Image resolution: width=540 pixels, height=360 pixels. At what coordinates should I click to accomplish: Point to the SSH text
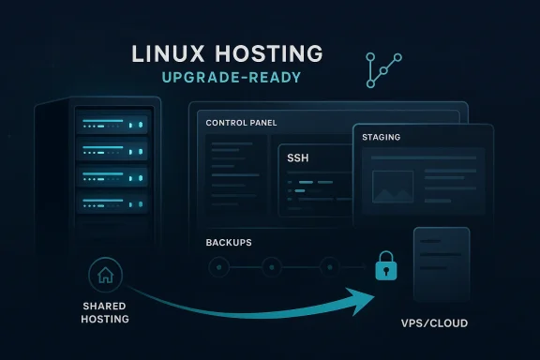(x=299, y=159)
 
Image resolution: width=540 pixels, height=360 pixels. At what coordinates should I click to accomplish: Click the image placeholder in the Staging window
(x=393, y=186)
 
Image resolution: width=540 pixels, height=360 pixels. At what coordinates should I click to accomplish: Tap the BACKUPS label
(x=229, y=243)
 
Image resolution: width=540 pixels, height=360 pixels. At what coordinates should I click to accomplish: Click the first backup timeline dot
(x=220, y=266)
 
